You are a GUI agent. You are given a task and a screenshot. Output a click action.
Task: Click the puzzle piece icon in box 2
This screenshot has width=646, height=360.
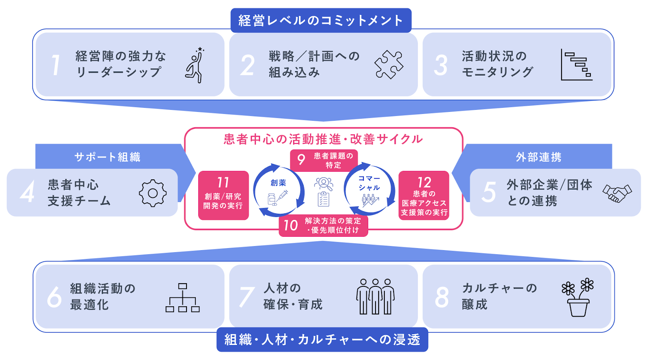388,65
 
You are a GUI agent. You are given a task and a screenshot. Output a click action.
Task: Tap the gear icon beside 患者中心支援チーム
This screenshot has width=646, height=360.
153,193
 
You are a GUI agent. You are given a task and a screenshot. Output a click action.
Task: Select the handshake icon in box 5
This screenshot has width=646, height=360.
617,193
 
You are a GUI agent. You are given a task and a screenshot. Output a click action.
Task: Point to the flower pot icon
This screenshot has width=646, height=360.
578,297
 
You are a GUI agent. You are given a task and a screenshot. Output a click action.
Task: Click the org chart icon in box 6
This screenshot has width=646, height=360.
182,298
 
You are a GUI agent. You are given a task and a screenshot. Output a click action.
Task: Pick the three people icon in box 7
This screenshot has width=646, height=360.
375,297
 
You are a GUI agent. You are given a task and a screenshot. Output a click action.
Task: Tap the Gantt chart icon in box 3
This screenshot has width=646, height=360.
577,65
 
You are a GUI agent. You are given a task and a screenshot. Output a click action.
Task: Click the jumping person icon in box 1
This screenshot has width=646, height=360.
195,65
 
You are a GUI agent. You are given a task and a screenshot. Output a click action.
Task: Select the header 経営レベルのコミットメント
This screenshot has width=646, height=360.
321,20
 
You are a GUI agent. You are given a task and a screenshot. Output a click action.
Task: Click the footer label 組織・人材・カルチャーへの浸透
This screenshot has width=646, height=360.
322,340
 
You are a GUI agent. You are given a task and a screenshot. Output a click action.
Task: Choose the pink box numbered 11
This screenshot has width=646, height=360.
223,196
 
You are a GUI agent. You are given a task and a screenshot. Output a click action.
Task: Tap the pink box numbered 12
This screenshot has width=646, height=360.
424,196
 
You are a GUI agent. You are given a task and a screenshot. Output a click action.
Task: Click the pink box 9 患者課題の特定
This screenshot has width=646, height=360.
324,160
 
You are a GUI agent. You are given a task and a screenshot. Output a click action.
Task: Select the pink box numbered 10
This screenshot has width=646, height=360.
323,226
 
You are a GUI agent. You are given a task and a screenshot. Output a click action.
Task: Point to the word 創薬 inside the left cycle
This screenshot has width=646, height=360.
278,183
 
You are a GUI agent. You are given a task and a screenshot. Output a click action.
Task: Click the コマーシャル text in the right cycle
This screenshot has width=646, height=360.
369,183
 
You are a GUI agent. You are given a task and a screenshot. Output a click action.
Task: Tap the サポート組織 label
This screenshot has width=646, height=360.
107,157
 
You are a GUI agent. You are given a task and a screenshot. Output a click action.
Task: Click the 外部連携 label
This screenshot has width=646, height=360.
539,157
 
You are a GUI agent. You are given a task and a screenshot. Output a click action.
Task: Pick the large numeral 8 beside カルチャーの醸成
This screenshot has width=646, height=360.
442,297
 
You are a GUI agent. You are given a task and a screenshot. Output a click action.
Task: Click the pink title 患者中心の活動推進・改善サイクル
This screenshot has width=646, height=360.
323,139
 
